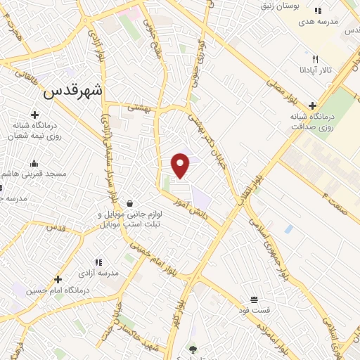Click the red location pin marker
[181, 165]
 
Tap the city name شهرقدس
[72, 90]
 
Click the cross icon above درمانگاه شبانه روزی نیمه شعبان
[34, 115]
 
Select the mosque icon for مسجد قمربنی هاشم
[34, 163]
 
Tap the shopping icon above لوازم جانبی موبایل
[129, 202]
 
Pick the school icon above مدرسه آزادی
[98, 262]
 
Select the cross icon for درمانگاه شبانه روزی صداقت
[312, 105]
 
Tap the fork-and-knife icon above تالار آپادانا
[316, 60]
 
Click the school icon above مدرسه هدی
[318, 11]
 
